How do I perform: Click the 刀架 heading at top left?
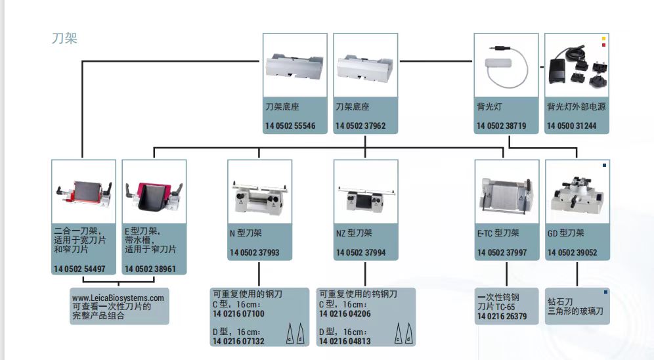coord(64,39)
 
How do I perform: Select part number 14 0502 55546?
coord(290,125)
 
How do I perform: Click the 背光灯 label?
coord(489,106)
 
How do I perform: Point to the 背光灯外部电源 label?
coord(576,106)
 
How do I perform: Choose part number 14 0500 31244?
coord(572,125)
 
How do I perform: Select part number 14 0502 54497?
coord(79,269)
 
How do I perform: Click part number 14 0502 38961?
coord(150,269)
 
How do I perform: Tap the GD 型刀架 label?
coord(566,233)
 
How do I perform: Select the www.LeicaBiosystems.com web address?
coord(118,298)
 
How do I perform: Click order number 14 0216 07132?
coord(238,342)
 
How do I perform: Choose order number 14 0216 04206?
coord(345,313)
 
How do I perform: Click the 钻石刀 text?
coord(559,302)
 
